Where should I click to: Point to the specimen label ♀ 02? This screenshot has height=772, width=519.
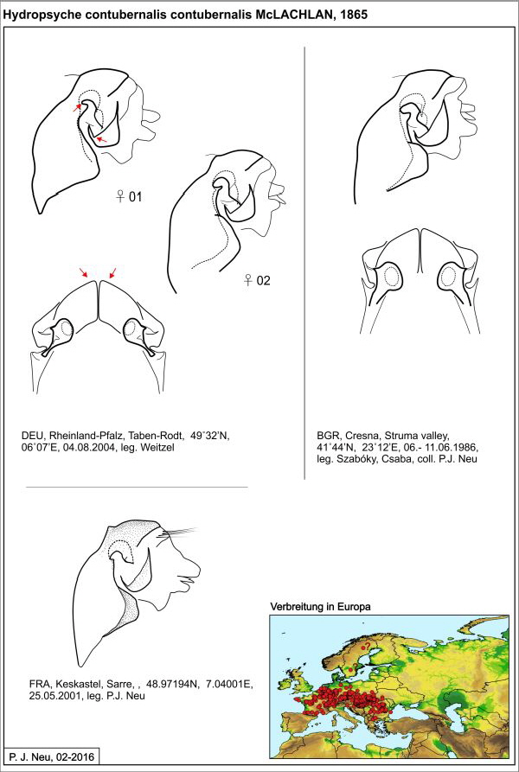[x=257, y=280]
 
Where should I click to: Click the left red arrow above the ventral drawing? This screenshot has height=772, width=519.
[x=84, y=272]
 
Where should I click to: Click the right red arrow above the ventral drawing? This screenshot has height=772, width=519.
[x=112, y=272]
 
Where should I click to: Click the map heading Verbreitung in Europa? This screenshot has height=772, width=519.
[x=320, y=608]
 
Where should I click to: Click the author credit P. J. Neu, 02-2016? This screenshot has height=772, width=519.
[x=54, y=757]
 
